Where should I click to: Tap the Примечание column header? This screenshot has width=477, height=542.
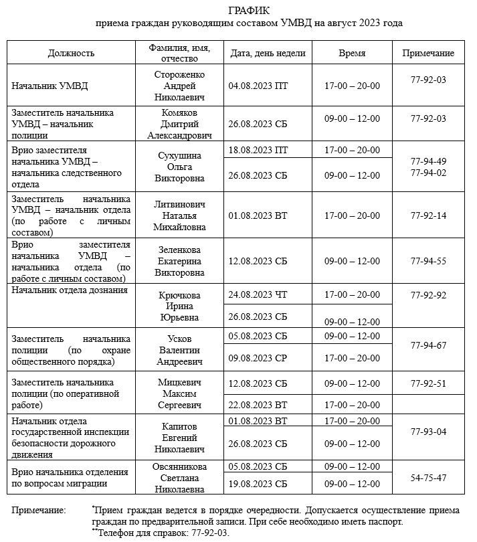[x=427, y=54]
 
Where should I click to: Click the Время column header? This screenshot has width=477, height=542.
[x=352, y=54]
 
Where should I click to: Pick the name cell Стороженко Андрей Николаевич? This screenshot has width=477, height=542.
[x=179, y=86]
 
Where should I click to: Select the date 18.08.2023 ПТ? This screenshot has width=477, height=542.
[x=258, y=150]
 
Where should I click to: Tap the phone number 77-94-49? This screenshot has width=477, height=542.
[x=427, y=161]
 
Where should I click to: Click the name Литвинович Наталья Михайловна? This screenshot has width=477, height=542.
[x=179, y=215]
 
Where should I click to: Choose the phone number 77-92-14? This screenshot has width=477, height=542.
[x=427, y=215]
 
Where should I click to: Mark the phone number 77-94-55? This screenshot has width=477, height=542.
[x=427, y=261]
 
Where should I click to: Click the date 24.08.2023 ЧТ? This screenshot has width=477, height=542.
[x=258, y=294]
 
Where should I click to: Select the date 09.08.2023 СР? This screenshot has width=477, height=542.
[x=258, y=359]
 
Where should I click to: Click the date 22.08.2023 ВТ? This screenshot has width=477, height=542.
[x=258, y=405]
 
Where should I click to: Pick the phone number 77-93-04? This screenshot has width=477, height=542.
[x=427, y=432]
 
